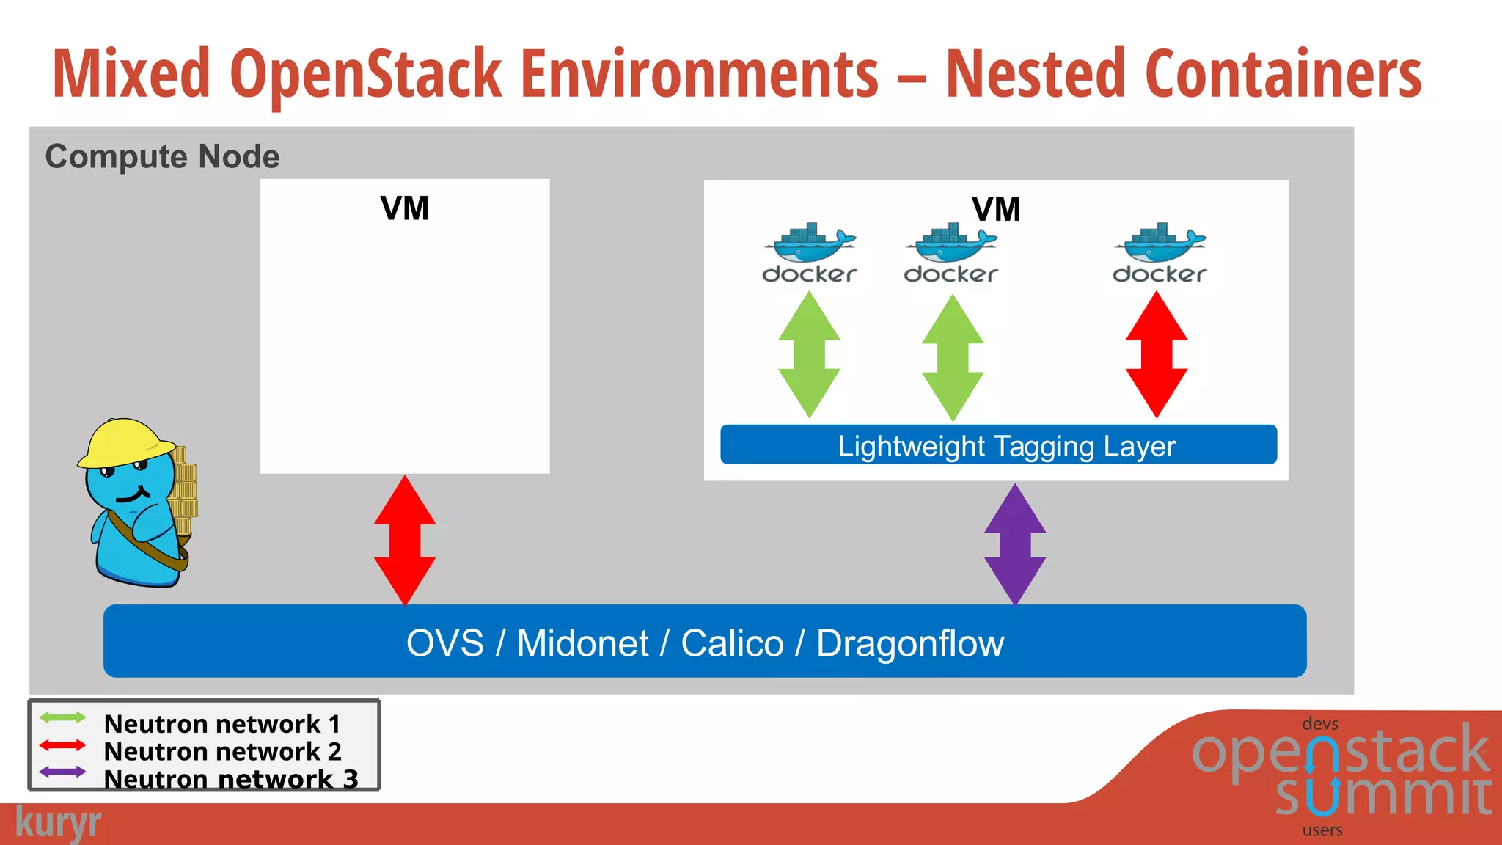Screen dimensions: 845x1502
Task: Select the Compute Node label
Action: pos(162,156)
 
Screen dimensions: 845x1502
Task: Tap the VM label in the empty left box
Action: pos(404,208)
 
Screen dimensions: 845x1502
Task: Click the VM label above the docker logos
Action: pos(995,210)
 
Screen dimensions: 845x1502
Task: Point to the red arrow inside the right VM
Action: pos(1157,355)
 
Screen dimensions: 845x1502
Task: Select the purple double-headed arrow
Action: pos(1015,544)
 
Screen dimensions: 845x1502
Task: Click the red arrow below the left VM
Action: pos(405,541)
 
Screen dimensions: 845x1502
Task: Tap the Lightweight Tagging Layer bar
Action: pos(998,445)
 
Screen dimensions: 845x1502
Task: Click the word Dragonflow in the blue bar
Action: pos(909,643)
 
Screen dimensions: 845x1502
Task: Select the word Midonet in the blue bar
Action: pos(582,643)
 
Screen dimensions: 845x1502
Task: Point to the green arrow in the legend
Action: pos(62,717)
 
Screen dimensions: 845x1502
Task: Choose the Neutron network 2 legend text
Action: pos(222,751)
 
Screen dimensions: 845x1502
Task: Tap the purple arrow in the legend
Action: pos(62,772)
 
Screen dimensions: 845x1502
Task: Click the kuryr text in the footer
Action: pos(58,823)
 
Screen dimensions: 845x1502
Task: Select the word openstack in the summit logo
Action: pos(1340,753)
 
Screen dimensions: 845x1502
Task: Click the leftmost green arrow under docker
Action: pos(809,355)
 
